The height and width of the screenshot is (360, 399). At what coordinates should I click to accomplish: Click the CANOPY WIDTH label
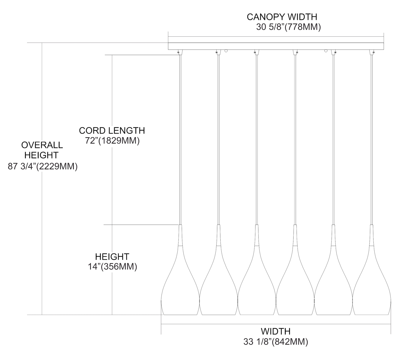coord(282,17)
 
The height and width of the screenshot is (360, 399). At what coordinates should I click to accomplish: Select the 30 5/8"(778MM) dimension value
coord(289,27)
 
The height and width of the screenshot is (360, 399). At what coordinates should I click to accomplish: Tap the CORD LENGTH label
coord(112,130)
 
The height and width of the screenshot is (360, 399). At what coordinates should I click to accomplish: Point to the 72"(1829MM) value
coord(112,141)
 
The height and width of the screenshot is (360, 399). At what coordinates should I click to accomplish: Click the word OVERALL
coord(42,145)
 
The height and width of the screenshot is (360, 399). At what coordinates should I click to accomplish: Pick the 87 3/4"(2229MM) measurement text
coord(43,167)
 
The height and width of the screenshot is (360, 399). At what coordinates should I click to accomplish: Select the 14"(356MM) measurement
coord(113,266)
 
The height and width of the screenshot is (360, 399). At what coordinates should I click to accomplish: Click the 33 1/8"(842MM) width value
coord(276,342)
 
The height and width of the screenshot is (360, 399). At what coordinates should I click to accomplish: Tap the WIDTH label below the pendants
coord(276,331)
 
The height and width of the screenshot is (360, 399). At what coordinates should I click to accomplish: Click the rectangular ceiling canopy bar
coord(276,46)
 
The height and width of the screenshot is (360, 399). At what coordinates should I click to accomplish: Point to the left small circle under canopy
coord(226,51)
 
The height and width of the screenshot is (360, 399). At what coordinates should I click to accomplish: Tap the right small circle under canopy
coord(326,51)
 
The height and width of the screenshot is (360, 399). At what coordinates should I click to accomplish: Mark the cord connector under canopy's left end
coord(180,52)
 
